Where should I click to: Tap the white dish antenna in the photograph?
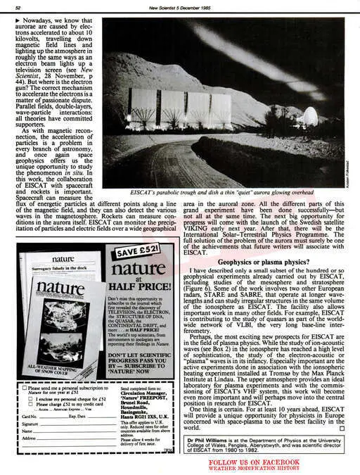point(309,115)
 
